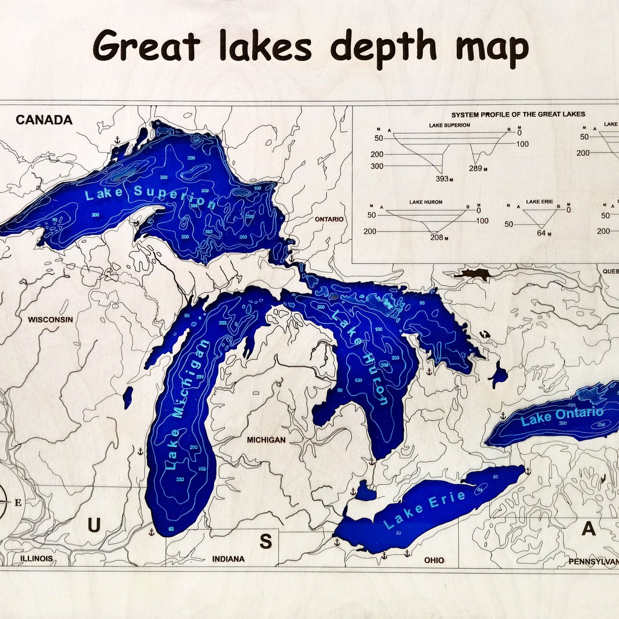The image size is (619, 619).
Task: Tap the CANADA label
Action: click(x=44, y=120)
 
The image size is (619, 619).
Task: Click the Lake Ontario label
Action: click(x=562, y=416)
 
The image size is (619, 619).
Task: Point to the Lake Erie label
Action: click(x=426, y=509)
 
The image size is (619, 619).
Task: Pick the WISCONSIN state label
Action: click(x=50, y=319)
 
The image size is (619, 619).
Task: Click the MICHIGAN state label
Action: click(x=266, y=439)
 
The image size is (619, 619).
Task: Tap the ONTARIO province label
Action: click(x=329, y=219)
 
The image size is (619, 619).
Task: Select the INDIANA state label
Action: click(x=228, y=559)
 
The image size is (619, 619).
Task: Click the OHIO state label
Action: click(x=434, y=560)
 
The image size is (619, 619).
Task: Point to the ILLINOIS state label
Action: click(x=36, y=559)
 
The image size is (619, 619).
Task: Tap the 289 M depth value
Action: click(x=476, y=169)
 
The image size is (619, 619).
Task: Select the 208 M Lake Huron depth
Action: click(x=438, y=237)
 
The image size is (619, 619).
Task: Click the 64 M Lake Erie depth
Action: click(x=541, y=232)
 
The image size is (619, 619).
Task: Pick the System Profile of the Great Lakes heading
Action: click(x=518, y=114)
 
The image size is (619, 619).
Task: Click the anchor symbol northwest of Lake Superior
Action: click(x=117, y=140)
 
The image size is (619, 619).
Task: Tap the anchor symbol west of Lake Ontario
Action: click(x=503, y=415)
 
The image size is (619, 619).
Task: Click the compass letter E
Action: click(x=18, y=502)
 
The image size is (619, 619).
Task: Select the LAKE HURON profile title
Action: click(x=426, y=202)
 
